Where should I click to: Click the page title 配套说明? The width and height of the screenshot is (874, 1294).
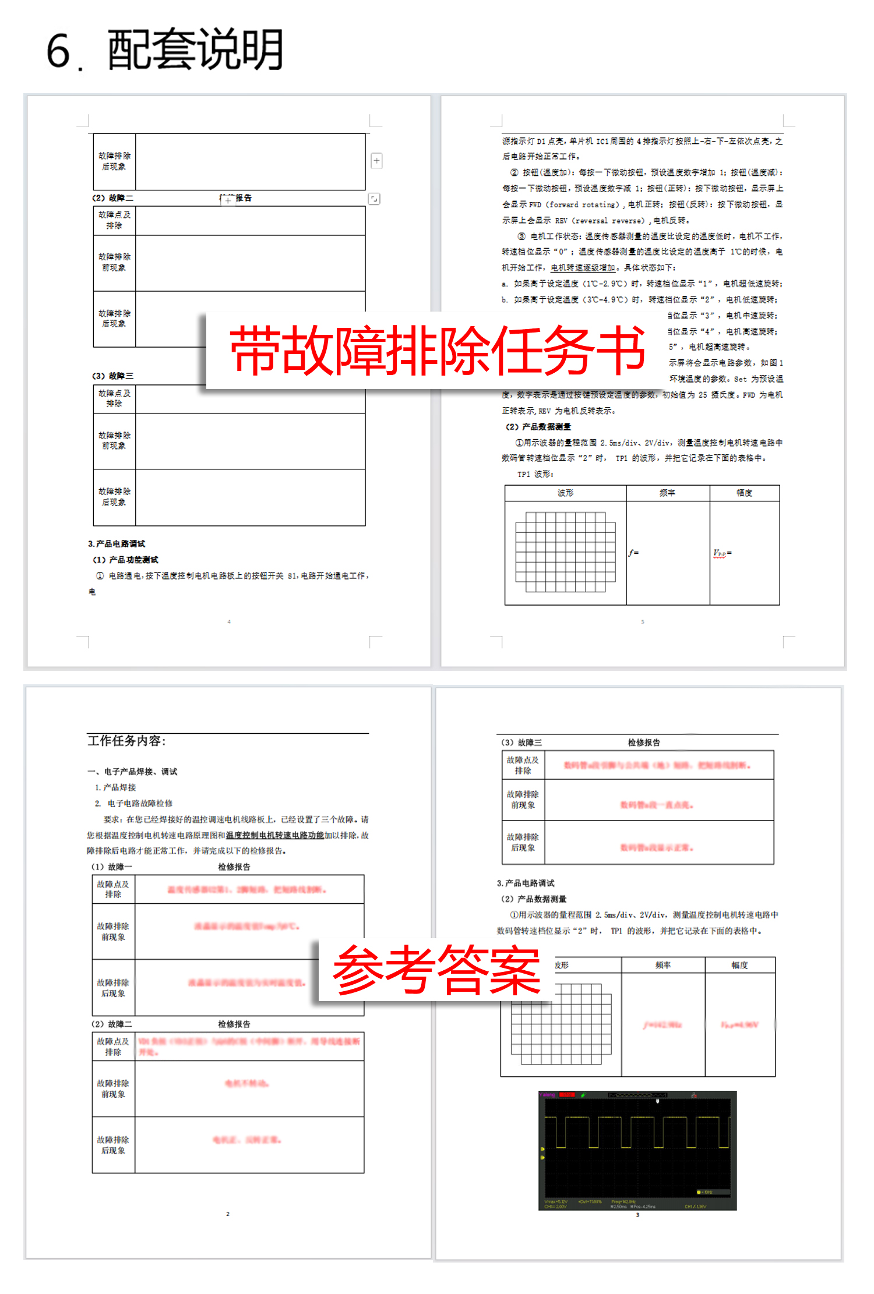point(195,50)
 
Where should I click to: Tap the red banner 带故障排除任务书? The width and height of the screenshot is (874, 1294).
point(437,349)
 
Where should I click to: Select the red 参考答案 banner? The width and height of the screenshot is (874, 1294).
point(436,970)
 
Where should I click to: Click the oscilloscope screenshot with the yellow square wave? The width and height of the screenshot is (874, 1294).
point(637,1150)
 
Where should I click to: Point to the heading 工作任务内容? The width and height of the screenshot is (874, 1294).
point(126,741)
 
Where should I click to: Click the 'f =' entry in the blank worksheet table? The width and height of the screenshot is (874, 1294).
point(633,553)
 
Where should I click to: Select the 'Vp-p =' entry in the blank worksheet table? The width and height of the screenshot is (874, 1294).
point(723,553)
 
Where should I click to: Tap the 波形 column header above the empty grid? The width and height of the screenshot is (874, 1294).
point(565,493)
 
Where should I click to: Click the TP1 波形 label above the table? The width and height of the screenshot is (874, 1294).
point(535,474)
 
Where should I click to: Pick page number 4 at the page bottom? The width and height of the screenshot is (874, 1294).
point(229,622)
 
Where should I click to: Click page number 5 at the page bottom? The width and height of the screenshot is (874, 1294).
point(643,622)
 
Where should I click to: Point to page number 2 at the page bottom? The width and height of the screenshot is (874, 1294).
point(228,1214)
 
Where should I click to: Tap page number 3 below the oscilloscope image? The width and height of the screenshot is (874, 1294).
point(637,1215)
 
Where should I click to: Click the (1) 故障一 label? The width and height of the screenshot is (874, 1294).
point(112,867)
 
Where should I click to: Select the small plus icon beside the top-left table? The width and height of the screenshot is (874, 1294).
point(377,160)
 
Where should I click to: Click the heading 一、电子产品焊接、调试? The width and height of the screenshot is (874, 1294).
point(132,772)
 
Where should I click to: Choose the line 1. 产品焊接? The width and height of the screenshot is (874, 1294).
point(115,787)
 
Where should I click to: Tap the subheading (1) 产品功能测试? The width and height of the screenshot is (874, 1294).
point(125,560)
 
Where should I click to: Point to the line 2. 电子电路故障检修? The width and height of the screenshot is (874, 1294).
point(133,803)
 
